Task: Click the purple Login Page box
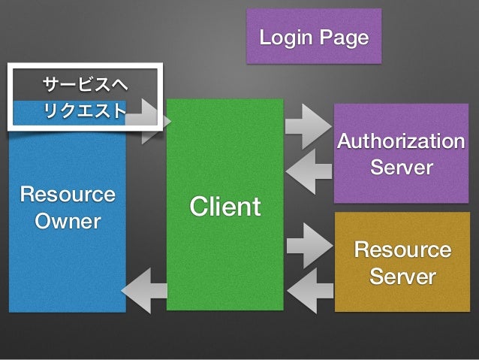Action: (314, 36)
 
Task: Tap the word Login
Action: (286, 38)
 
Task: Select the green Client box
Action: (225, 204)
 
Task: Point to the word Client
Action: (225, 206)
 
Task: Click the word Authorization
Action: (401, 141)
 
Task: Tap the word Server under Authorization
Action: (402, 167)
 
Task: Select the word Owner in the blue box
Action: (68, 221)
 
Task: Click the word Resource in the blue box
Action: (68, 194)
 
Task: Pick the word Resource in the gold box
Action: (402, 250)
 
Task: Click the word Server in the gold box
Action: (402, 276)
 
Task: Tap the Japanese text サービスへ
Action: (86, 84)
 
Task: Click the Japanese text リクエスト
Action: (85, 110)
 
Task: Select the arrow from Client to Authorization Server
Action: (309, 126)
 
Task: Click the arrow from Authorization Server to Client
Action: (309, 171)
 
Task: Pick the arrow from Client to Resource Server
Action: (310, 246)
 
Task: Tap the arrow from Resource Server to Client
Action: (310, 291)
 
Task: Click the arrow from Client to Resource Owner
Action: (144, 291)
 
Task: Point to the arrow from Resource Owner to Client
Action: (148, 122)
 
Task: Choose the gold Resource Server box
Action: (402, 262)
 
